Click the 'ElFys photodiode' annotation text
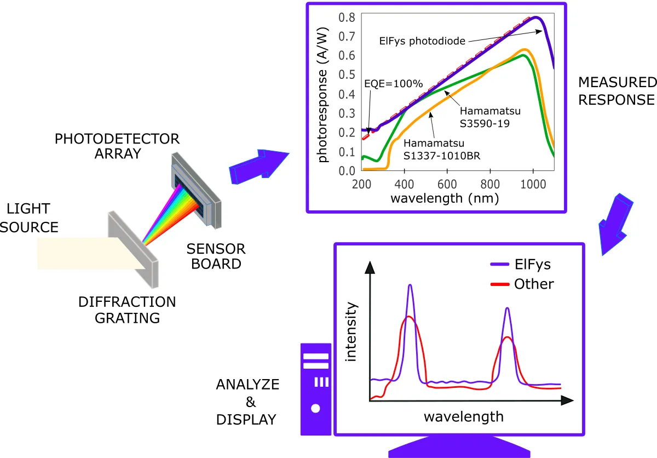pyautogui.click(x=423, y=41)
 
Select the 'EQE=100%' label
pyautogui.click(x=394, y=84)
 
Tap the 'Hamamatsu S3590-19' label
pyautogui.click(x=491, y=117)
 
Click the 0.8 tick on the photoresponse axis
pyautogui.click(x=346, y=18)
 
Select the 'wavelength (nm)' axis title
pyautogui.click(x=444, y=198)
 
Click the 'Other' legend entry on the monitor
pyautogui.click(x=534, y=284)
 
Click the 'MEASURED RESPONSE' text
pyautogui.click(x=616, y=91)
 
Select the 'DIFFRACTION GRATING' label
pyautogui.click(x=127, y=310)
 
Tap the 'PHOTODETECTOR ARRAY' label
pyautogui.click(x=117, y=146)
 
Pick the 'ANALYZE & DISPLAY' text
pyautogui.click(x=248, y=402)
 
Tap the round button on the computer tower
pyautogui.click(x=315, y=408)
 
